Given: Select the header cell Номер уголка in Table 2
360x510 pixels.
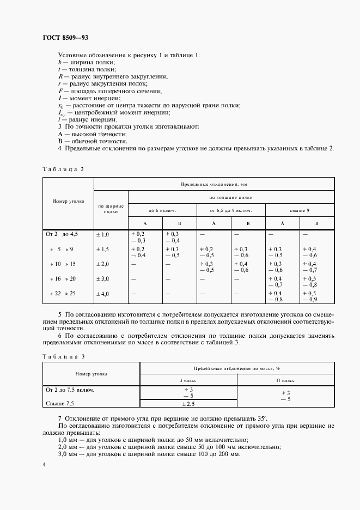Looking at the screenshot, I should click(68, 201).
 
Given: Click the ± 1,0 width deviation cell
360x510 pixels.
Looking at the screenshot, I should click(103, 234).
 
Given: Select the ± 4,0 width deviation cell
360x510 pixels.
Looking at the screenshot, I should click(103, 294).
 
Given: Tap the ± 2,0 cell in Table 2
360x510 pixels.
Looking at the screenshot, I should click(103, 264).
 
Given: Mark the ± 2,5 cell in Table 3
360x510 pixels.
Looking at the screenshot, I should click(188, 404).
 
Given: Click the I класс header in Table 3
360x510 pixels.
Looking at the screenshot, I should click(188, 379).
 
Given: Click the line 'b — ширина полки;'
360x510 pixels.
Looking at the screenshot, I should click(86, 62).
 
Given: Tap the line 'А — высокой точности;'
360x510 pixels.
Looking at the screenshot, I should click(92, 133).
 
